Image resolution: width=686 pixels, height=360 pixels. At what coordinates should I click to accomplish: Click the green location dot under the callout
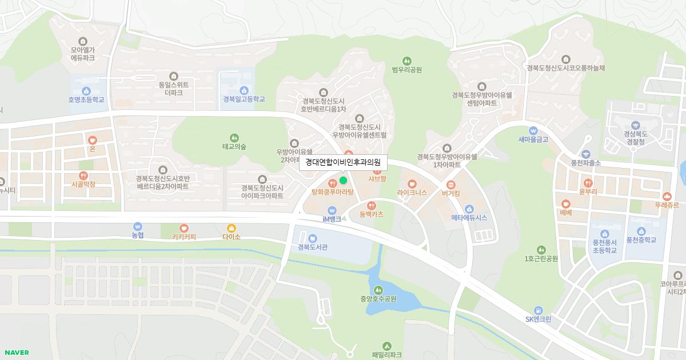pos(343,181)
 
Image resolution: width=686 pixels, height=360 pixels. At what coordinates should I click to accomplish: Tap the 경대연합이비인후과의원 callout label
pos(343,162)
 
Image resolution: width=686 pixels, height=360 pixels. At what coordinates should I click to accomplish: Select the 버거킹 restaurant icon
pos(451,184)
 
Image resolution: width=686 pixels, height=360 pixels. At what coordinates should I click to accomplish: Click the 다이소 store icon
pos(231,227)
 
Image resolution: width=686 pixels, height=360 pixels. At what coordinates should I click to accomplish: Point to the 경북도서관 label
pos(312,247)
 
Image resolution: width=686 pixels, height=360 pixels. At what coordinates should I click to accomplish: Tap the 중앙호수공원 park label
pos(378,298)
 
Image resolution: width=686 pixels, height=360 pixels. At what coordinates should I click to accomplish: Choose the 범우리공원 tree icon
pos(407,61)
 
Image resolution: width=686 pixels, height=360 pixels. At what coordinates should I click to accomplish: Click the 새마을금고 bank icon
pos(533,130)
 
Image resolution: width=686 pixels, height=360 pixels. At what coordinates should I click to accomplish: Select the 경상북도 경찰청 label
pos(635,138)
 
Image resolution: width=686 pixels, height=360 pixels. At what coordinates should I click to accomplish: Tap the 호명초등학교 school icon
pos(86,90)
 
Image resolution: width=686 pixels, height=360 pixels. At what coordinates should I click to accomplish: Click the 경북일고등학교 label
pos(244,99)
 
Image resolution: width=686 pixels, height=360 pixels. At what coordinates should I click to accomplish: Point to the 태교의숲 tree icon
pos(234,137)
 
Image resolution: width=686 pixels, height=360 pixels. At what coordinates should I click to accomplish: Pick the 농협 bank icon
pos(137,227)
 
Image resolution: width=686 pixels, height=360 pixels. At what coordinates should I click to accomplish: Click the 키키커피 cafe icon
pos(184,227)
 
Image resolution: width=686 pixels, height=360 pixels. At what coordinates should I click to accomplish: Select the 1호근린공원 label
pos(541,258)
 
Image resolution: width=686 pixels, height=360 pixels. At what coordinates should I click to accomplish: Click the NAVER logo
pos(17,352)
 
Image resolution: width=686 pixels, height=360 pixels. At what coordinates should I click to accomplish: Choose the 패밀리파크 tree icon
pos(387,346)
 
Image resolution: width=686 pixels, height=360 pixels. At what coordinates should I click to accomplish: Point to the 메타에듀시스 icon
pos(469,209)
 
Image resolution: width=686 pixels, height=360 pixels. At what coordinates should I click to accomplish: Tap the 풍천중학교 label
pos(640,240)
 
